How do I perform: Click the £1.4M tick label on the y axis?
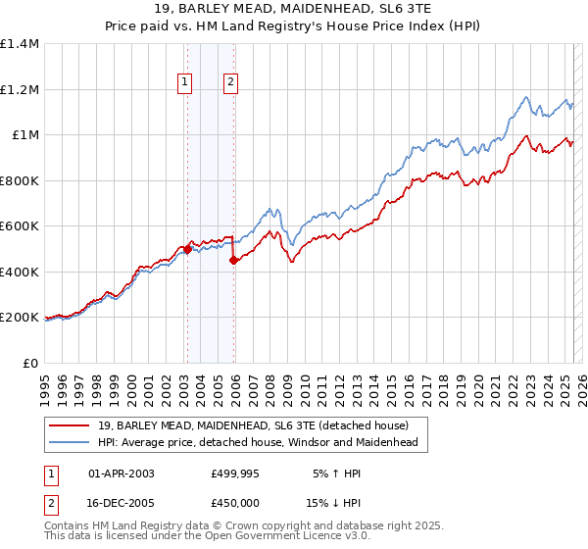(20, 44)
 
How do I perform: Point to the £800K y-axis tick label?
(20, 180)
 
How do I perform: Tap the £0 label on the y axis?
(31, 363)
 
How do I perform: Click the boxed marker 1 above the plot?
(184, 83)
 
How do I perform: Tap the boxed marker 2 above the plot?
(230, 83)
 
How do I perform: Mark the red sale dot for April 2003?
(187, 249)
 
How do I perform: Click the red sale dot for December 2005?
(234, 261)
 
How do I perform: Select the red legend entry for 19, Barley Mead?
(260, 424)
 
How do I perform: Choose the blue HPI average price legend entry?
(258, 442)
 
